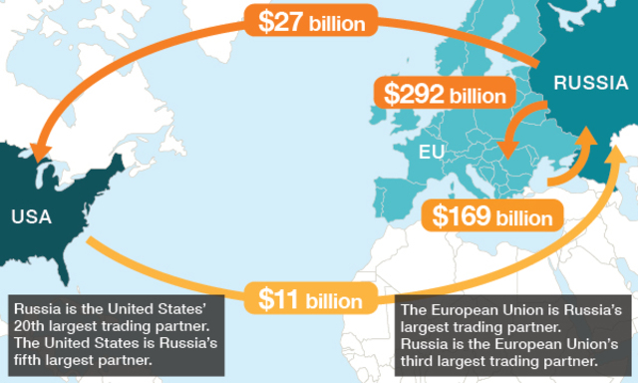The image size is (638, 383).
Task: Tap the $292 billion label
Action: [x=446, y=96]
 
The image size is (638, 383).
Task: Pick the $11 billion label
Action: [x=311, y=298]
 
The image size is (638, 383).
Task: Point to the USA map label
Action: [x=32, y=215]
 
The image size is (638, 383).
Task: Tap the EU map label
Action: [x=432, y=153]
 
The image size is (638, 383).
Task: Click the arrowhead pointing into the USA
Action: [x=41, y=153]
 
